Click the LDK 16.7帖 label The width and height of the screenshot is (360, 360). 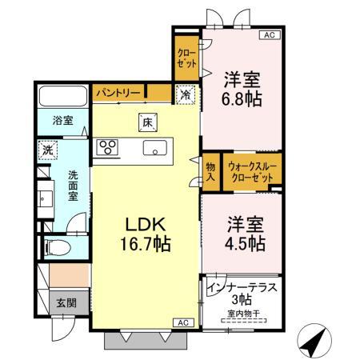pyautogui.click(x=144, y=231)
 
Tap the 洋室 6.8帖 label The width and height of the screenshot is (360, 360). pyautogui.click(x=239, y=89)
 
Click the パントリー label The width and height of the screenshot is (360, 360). pyautogui.click(x=119, y=94)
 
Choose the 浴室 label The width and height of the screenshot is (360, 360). pyautogui.click(x=62, y=121)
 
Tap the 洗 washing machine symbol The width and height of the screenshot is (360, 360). pyautogui.click(x=47, y=150)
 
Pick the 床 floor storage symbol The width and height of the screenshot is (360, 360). pyautogui.click(x=148, y=122)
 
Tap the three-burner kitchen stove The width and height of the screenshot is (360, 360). pyautogui.click(x=107, y=147)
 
